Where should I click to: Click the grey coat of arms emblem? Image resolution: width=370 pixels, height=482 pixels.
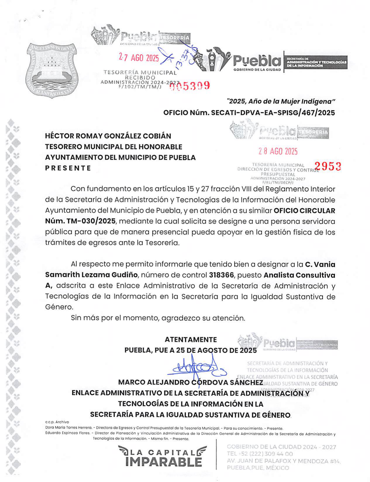[52, 70]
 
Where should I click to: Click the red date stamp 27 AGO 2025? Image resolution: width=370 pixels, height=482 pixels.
[139, 58]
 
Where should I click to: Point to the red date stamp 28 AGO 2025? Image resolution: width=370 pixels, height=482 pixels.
[278, 151]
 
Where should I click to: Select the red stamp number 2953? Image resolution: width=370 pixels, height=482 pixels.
[328, 166]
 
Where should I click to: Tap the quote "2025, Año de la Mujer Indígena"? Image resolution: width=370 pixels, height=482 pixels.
[281, 101]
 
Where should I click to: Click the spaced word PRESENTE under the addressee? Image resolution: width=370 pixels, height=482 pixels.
[68, 168]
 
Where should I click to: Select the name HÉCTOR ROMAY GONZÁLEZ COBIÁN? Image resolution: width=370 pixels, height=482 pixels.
[108, 136]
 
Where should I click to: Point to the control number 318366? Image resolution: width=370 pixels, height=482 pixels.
[221, 275]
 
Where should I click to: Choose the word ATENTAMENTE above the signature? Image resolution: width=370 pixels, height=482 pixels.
[191, 339]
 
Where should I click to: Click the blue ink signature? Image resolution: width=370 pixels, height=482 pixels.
[197, 369]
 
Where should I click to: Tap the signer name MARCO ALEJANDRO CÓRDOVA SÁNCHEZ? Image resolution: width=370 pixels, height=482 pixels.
[190, 382]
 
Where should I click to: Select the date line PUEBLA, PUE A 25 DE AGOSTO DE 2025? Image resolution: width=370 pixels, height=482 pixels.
[191, 350]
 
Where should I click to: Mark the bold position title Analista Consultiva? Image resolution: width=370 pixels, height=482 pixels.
[299, 275]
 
